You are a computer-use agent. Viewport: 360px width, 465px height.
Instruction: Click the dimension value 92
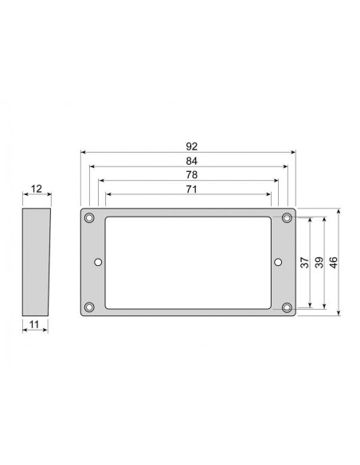coord(190,146)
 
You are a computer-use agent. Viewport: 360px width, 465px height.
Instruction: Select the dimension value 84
coord(190,160)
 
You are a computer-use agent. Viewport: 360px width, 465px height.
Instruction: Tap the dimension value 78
coord(190,174)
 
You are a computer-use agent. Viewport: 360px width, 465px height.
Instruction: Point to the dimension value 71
coord(190,189)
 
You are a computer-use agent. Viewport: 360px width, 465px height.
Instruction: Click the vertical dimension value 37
coord(304,263)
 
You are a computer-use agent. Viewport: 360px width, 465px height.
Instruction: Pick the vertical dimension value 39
coord(319,263)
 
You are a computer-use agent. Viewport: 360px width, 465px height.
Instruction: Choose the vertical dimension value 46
coord(334,263)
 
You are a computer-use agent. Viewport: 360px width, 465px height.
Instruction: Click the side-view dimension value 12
coord(36,190)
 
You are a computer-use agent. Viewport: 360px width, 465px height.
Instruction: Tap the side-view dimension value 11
coord(34,323)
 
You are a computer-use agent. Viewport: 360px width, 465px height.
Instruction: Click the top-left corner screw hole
coord(90,218)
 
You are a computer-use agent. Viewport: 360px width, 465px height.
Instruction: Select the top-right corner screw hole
coord(287,218)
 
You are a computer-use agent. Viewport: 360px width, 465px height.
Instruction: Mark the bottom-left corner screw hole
coord(90,307)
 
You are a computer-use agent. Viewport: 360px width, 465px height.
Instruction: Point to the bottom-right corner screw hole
coord(287,307)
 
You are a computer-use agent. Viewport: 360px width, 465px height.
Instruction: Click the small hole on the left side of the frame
coord(98,262)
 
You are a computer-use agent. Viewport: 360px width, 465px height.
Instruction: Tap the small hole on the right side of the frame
coord(279,262)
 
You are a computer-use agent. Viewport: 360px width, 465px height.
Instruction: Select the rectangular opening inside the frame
coord(189,262)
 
